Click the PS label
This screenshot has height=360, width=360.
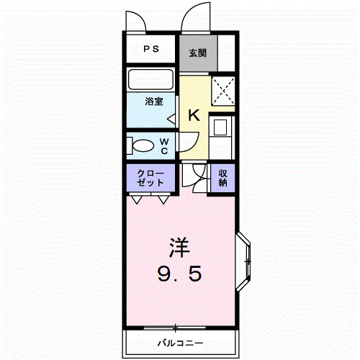[x=150, y=50]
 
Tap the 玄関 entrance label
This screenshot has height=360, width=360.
[x=198, y=53]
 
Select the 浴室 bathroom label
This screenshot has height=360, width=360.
[x=154, y=102]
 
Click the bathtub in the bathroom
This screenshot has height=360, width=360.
[x=151, y=79]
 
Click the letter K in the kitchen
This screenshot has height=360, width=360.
[x=194, y=115]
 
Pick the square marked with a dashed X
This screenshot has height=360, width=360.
[x=224, y=91]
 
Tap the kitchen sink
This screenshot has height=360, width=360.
[x=220, y=128]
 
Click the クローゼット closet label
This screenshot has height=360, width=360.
[x=152, y=178]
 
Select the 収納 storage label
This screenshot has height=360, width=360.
[x=223, y=177]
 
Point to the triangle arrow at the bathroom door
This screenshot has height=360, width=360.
[x=171, y=117]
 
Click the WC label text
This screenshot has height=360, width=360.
[x=164, y=145]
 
